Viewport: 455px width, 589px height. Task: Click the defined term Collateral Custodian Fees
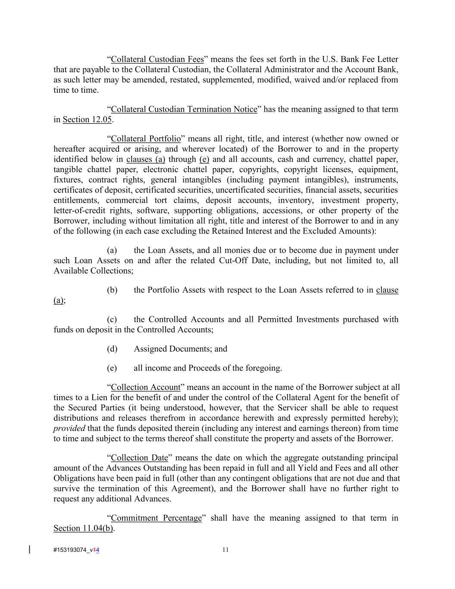click(157, 59)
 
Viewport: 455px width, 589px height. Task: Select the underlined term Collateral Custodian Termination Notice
click(184, 109)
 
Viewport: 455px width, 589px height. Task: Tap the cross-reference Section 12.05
click(87, 120)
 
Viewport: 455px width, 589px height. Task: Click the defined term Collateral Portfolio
click(146, 139)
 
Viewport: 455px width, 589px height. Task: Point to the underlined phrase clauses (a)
click(145, 159)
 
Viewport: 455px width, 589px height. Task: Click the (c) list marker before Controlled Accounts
click(112, 319)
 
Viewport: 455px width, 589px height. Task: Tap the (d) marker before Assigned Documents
click(112, 349)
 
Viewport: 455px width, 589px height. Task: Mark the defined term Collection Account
click(146, 387)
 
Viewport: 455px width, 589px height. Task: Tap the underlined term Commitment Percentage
click(156, 518)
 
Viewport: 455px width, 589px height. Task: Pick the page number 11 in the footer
click(226, 550)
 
